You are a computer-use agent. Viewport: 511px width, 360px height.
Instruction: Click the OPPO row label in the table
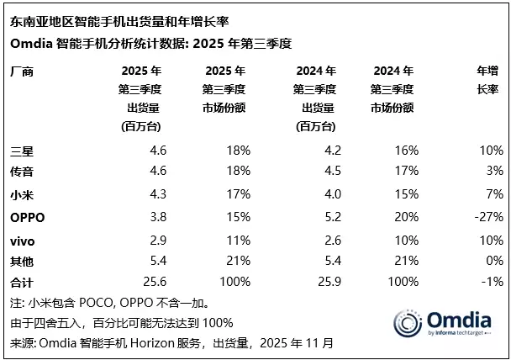coord(27,217)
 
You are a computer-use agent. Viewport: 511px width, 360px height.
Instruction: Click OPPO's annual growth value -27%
coord(487,217)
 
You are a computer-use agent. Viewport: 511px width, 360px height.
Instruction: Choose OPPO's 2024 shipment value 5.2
coord(329,217)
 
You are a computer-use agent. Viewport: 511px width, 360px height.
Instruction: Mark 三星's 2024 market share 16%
coord(406,150)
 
